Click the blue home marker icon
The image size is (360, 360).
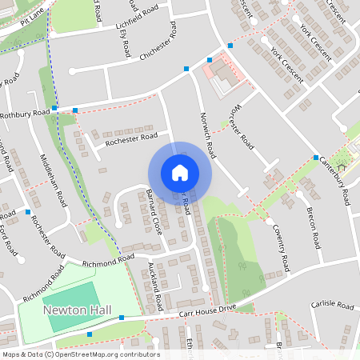pyautogui.click(x=179, y=173)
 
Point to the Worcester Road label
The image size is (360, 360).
pyautogui.click(x=240, y=126)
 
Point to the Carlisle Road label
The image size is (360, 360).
pyautogui.click(x=332, y=306)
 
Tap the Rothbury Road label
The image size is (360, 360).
pyautogui.click(x=24, y=113)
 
